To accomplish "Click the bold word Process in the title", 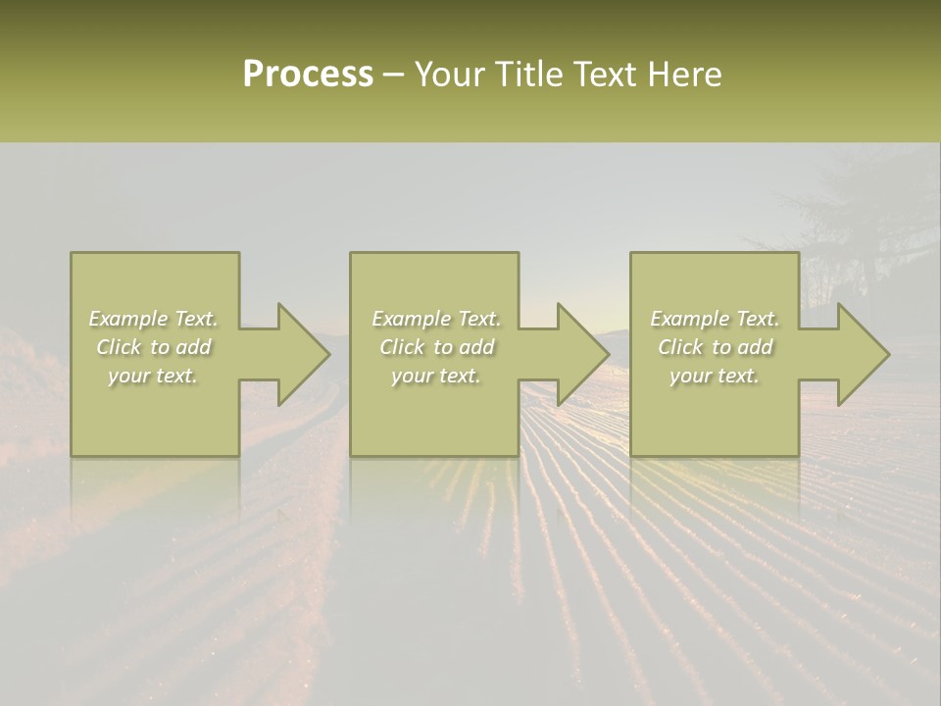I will coord(308,75).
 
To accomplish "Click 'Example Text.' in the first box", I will coord(154,319).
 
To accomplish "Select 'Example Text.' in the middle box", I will coord(436,319).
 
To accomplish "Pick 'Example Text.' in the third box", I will coord(715,319).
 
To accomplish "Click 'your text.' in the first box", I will coord(154,376).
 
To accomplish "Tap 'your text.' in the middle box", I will coord(436,376).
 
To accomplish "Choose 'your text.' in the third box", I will coord(715,376).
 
